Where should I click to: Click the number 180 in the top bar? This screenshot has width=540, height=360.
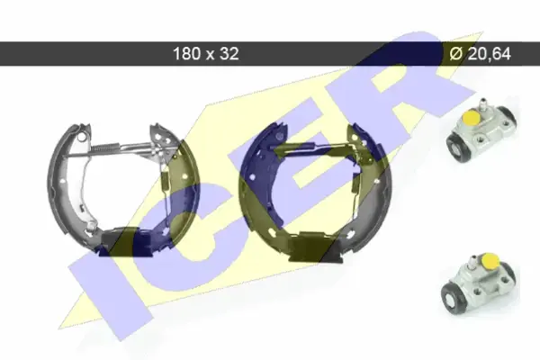[186, 54]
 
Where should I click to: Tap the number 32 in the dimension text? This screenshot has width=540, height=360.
[229, 54]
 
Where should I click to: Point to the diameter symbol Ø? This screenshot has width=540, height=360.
[455, 54]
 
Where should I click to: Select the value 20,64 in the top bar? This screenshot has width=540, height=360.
[490, 54]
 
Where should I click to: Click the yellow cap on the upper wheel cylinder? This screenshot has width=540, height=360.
[472, 118]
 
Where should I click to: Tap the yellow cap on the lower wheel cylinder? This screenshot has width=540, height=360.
[490, 260]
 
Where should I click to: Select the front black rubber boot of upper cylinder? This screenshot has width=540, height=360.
[457, 147]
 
